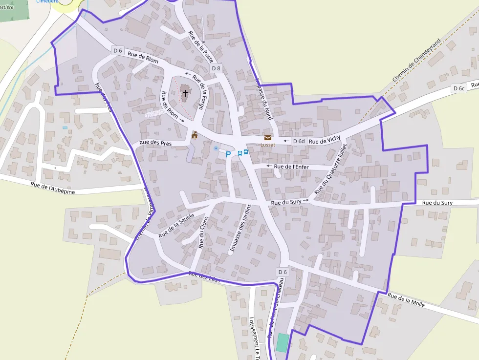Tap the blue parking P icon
[228, 154]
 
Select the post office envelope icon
[267, 138]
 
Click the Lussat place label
[267, 145]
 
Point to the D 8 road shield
[216, 68]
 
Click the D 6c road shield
[458, 88]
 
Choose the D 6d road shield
[298, 141]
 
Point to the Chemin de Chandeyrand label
[416, 61]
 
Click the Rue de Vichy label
[325, 140]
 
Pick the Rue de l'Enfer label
[291, 167]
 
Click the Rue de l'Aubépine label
[53, 188]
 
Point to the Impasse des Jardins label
[240, 229]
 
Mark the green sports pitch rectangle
[282, 342]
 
